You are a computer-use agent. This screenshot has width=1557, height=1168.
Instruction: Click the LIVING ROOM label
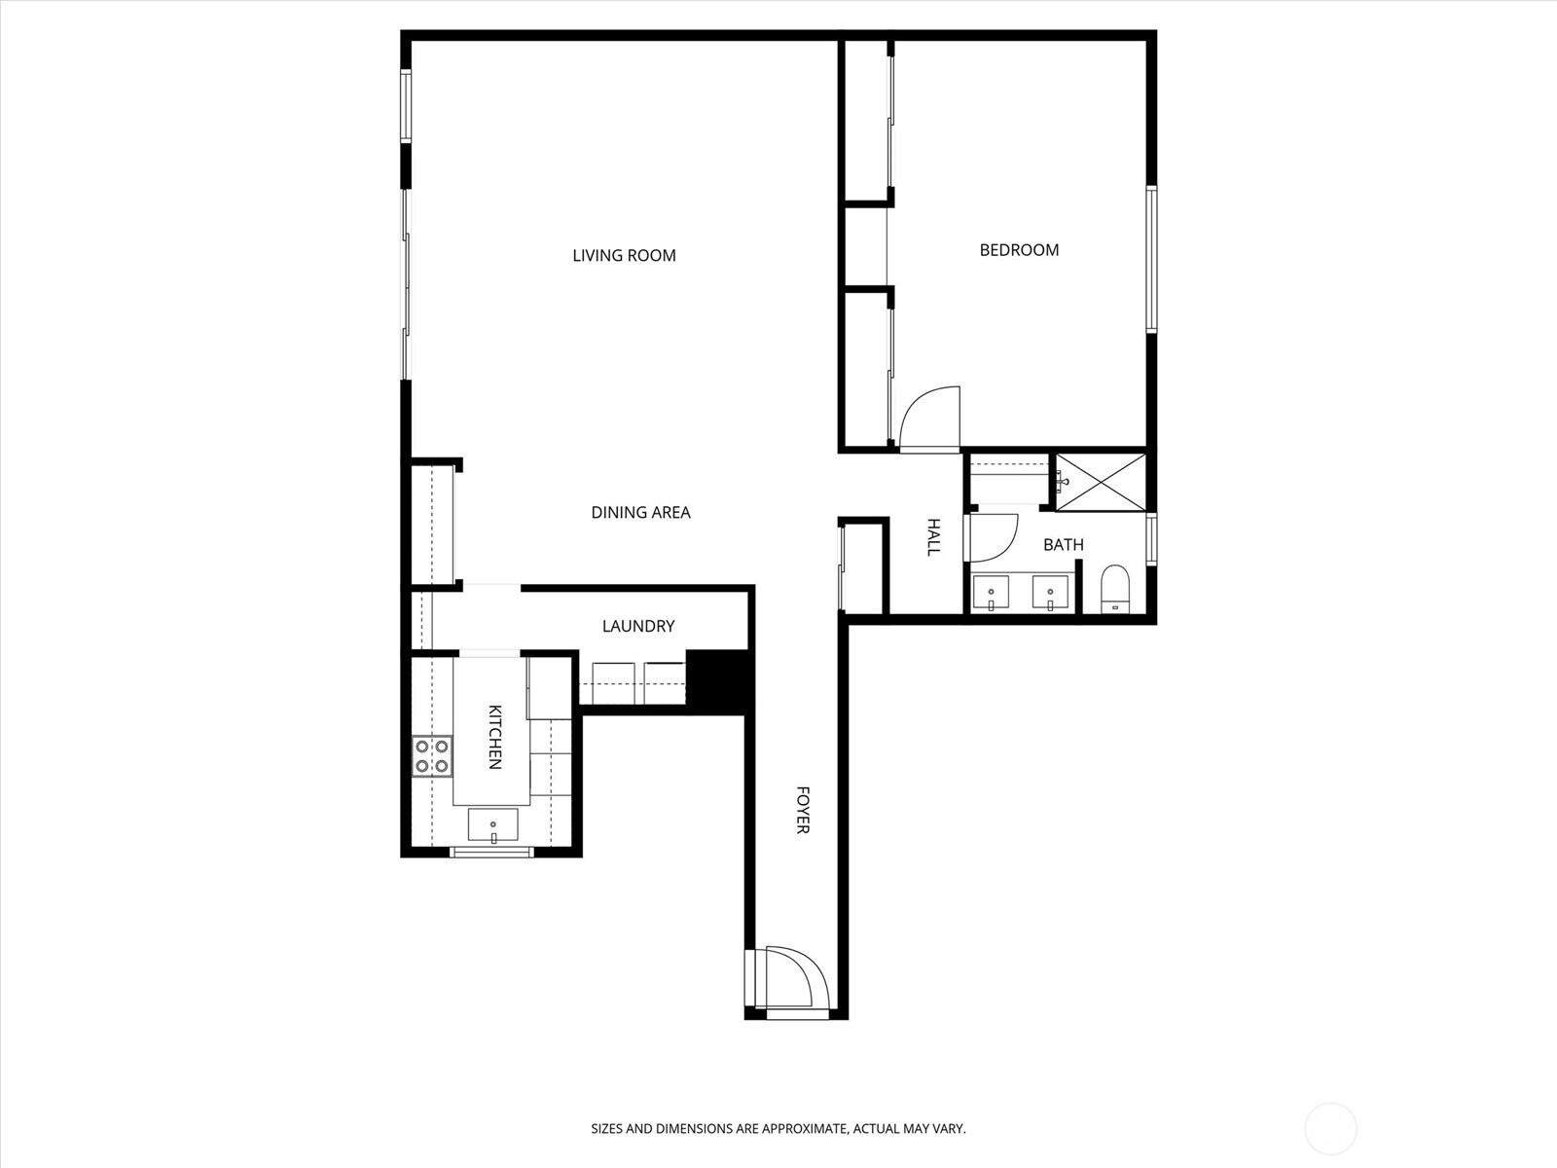click(624, 256)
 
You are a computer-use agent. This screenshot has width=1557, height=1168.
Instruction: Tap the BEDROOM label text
click(1019, 250)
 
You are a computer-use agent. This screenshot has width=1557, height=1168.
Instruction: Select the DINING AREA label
click(640, 513)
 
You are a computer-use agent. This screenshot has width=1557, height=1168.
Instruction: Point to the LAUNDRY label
click(637, 627)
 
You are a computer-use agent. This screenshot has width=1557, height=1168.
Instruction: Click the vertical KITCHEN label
click(494, 737)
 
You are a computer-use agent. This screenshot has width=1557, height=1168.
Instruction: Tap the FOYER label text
click(803, 810)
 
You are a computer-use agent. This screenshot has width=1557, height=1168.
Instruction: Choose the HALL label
click(933, 537)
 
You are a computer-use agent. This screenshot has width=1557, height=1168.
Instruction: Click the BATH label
click(1063, 545)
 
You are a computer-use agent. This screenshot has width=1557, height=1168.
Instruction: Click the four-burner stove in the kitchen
click(432, 756)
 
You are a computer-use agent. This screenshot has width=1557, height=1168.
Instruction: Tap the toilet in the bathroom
click(1115, 588)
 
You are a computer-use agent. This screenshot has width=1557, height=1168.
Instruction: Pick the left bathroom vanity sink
click(993, 592)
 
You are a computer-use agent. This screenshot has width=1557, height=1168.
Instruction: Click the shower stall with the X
click(1101, 481)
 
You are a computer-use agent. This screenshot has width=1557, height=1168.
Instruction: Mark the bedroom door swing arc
click(929, 419)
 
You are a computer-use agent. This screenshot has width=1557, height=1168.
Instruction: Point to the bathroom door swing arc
click(991, 538)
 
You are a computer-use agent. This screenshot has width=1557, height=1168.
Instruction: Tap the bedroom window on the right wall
click(1151, 260)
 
